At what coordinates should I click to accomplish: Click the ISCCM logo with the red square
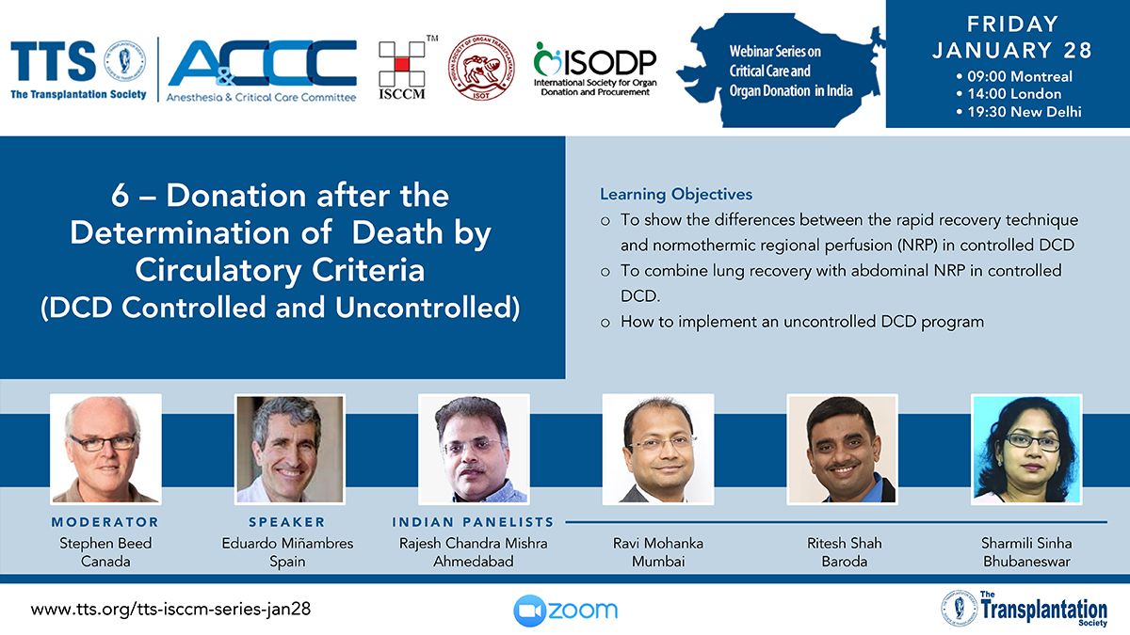coord(402,69)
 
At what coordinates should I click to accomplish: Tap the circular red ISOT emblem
coord(481,68)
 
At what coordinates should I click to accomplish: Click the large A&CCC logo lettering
coord(263,63)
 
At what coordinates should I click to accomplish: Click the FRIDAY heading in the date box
coord(1012,24)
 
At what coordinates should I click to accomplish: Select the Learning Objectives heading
coord(676,194)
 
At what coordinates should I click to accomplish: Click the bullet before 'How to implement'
coord(605,323)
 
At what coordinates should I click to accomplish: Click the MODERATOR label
coord(105,521)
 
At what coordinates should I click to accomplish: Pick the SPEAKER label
coord(287,521)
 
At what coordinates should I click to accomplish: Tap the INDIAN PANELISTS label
coord(473,521)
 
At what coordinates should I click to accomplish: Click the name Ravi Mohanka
coord(658,544)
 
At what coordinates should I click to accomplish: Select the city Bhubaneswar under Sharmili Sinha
coord(1026,562)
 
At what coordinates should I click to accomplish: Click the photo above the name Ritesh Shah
coord(843,449)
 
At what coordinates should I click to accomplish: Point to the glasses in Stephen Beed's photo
coord(103,442)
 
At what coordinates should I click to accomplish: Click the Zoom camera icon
coord(529,611)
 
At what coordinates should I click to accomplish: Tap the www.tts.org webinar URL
coord(170,610)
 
